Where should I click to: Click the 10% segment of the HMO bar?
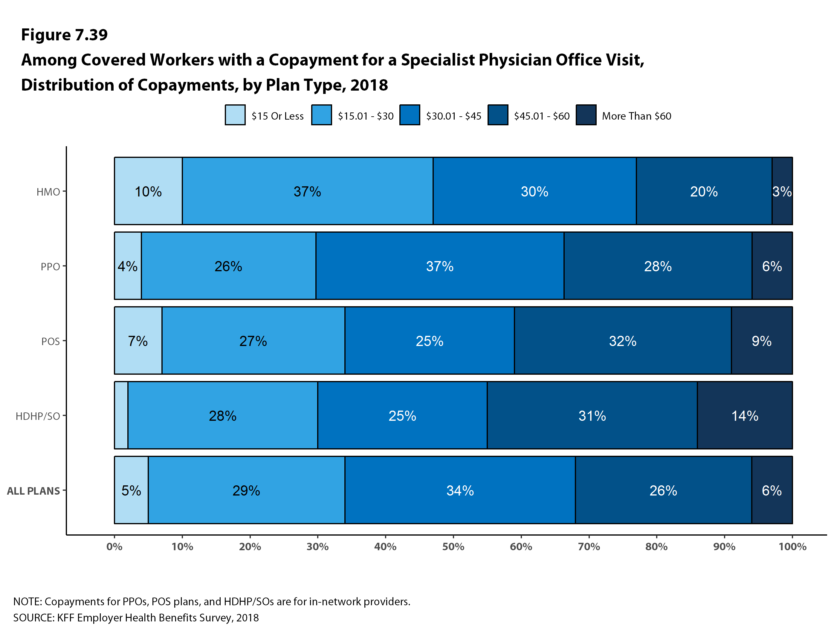(148, 191)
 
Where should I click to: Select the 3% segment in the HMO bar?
(782, 191)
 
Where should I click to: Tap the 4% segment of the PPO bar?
(128, 266)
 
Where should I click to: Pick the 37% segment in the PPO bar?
(440, 266)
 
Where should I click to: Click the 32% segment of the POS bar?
(622, 341)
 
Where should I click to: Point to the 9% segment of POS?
(762, 341)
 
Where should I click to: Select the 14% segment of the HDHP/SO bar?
(745, 415)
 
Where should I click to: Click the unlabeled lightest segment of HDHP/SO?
(121, 415)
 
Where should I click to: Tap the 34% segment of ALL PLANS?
(460, 490)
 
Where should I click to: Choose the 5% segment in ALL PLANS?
(131, 490)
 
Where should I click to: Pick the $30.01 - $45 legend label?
(453, 116)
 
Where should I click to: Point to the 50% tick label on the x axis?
(453, 547)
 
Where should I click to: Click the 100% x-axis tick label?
(792, 547)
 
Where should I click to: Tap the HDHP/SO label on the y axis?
(38, 416)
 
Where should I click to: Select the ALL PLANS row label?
(33, 491)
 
